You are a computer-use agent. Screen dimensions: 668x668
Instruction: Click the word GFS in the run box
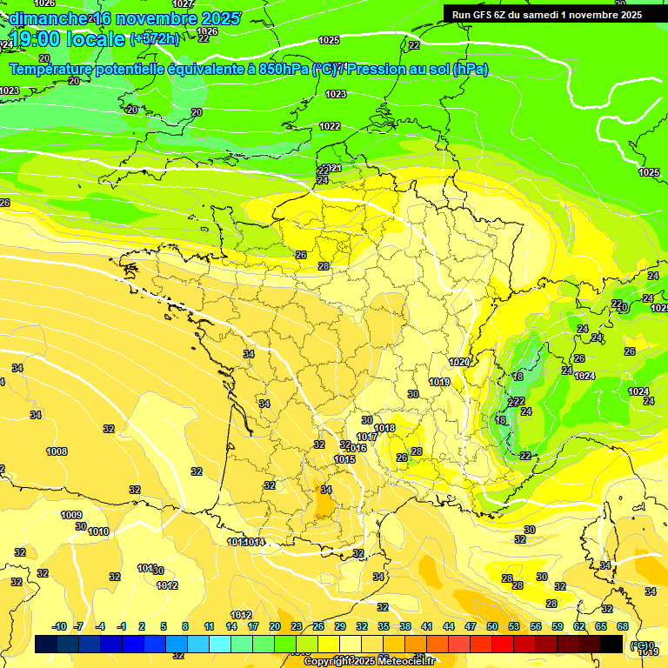coord(485,14)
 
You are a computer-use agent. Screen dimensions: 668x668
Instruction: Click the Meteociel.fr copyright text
coord(370,661)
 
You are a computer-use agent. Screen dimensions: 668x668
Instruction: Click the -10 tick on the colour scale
coord(59,626)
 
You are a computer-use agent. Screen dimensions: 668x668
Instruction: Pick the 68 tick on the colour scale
coord(623,626)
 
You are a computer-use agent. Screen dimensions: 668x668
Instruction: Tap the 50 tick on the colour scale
coord(492,626)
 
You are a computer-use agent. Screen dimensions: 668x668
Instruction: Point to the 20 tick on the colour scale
coord(275,626)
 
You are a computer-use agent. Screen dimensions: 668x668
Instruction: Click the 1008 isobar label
coord(57,451)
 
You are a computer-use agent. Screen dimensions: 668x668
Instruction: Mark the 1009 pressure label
coord(71,515)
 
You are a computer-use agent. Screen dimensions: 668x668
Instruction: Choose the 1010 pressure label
coord(98,531)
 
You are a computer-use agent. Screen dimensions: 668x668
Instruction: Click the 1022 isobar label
coord(330,126)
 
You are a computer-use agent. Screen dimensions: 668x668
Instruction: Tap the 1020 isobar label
coord(459,362)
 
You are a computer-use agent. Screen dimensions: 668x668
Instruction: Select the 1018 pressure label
coord(384,428)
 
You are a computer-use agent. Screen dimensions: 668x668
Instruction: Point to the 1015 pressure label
coord(344,459)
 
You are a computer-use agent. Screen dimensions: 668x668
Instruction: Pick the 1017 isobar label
coord(367,437)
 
